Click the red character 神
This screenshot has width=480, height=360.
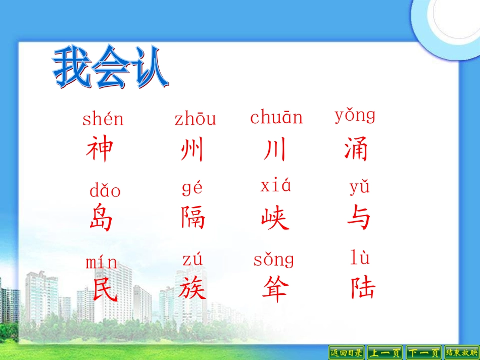point(100,149)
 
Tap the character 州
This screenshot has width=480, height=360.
point(192,150)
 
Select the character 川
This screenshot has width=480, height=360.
point(275,149)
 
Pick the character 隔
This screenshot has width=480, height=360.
point(193,218)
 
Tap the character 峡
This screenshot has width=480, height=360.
point(275,219)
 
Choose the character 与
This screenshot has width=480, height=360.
point(359,218)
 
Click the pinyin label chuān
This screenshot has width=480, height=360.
point(276,118)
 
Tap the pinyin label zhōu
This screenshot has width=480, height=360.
point(195,119)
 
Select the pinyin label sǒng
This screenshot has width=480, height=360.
point(273,260)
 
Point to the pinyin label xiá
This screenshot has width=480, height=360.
point(276,186)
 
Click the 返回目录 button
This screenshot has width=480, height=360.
point(346,352)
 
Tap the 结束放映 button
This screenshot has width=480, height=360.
point(461,352)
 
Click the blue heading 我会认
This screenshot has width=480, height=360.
point(110,68)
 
